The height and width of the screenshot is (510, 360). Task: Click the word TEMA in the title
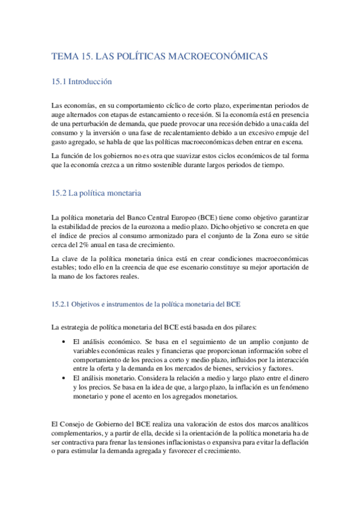click(x=64, y=56)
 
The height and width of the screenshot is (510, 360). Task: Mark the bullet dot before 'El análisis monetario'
click(x=64, y=378)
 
